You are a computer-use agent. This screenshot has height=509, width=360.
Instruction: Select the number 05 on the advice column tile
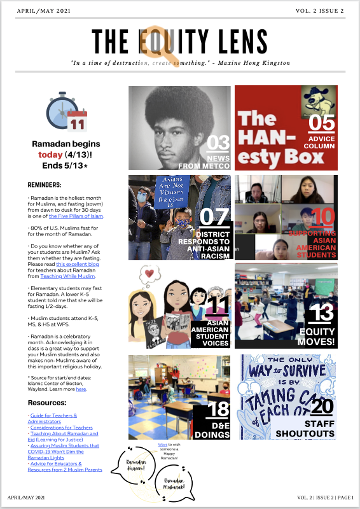[x=322, y=123]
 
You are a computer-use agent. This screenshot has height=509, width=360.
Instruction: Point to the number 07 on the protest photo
[x=214, y=217]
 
